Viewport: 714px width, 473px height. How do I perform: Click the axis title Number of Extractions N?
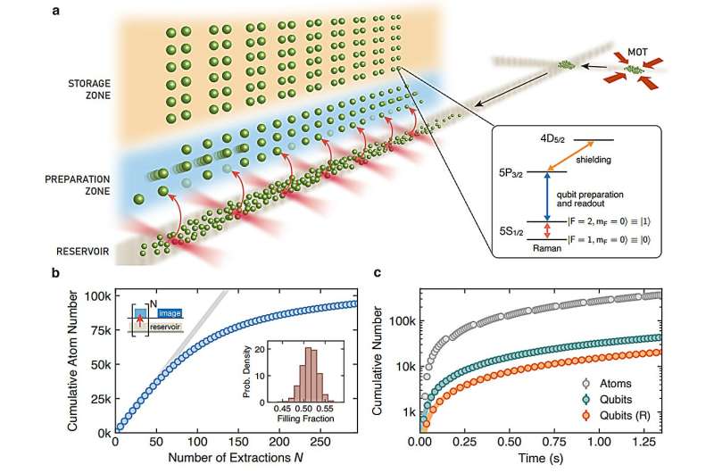tap(225, 460)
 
